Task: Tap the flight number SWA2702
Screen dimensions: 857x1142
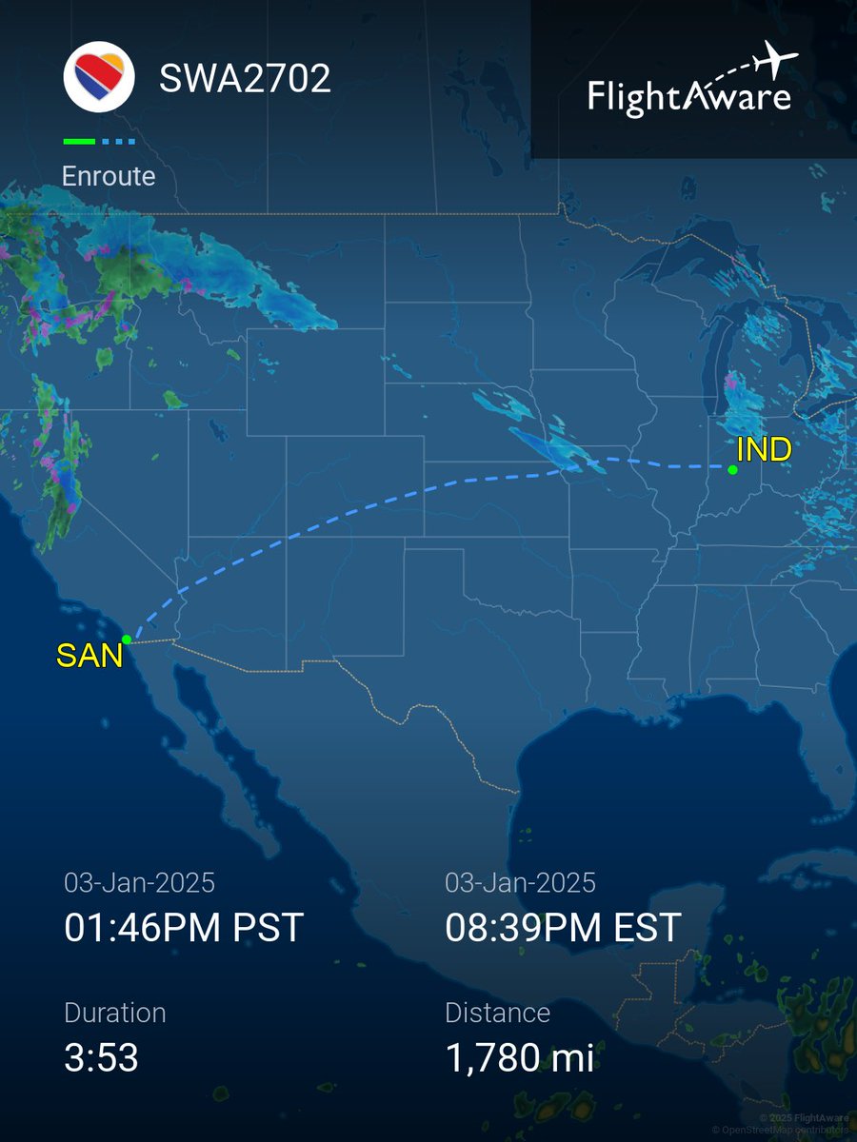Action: (245, 78)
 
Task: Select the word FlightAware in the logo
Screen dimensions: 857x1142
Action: (688, 97)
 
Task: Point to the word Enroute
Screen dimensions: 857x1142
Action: (109, 176)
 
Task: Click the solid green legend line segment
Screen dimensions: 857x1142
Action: (79, 142)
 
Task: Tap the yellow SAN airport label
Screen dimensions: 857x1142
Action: (90, 655)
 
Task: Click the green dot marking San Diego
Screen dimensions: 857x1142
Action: (127, 640)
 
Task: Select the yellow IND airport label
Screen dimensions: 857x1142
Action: (765, 449)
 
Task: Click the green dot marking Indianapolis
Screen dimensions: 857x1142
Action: (732, 469)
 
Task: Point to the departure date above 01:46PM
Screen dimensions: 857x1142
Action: (139, 882)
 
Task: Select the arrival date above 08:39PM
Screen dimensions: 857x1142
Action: (520, 882)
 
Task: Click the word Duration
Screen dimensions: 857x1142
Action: (114, 1013)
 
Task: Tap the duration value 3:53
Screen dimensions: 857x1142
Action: (101, 1057)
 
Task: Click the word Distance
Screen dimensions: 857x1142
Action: (497, 1013)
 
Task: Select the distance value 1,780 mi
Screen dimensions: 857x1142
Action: (519, 1057)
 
